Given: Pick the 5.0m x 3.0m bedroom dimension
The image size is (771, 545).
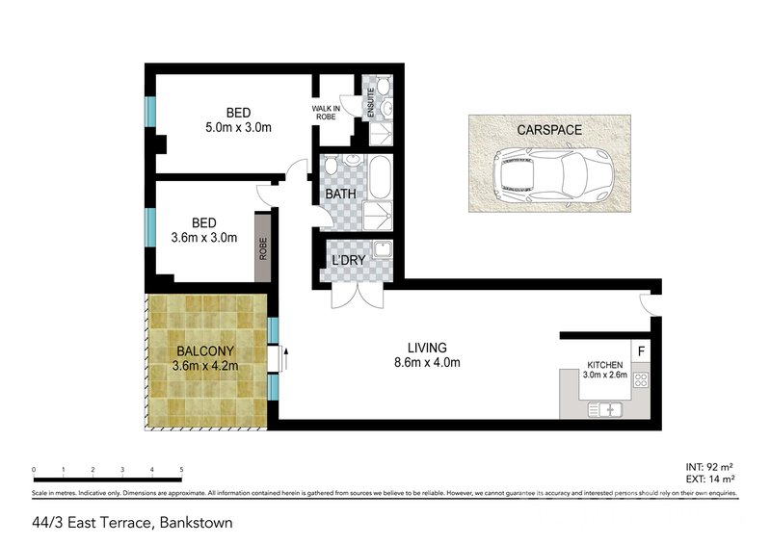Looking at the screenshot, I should click(237, 126).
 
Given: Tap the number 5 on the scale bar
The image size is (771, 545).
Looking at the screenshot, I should click(181, 470).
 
